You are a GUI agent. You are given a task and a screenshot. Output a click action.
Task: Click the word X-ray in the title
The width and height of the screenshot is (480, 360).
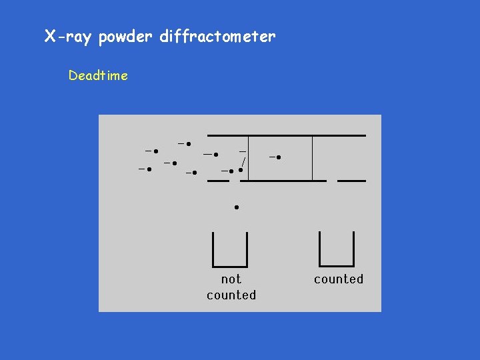(69, 37)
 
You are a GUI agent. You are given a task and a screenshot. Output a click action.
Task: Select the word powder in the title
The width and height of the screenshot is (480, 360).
(126, 37)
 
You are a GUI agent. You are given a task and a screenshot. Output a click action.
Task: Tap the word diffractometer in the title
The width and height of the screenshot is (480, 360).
(217, 37)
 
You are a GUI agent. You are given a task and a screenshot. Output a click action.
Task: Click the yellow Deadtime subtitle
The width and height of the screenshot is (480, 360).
(98, 75)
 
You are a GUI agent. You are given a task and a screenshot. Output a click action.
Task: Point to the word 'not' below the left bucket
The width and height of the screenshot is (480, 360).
(231, 279)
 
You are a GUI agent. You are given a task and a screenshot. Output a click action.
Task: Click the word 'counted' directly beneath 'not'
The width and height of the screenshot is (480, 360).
(231, 295)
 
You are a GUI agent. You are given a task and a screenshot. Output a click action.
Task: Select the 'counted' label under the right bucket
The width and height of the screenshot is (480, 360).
(338, 279)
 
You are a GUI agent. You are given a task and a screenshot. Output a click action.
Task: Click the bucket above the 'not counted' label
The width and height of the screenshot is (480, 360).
(229, 249)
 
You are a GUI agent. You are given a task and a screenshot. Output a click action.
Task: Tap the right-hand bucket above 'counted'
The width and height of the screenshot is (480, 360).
(337, 249)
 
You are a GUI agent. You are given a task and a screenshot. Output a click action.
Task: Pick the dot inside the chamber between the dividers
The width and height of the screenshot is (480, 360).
(279, 157)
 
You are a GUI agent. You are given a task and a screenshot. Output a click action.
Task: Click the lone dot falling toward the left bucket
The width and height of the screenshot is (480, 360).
(236, 207)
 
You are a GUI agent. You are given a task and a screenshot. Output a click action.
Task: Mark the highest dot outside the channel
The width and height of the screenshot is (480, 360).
(189, 143)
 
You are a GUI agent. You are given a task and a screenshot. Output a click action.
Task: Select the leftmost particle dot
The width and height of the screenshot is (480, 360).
(149, 169)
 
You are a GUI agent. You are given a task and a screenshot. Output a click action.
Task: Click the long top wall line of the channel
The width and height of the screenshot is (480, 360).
(287, 135)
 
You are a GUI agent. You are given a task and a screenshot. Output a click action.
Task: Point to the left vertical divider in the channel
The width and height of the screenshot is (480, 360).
(249, 158)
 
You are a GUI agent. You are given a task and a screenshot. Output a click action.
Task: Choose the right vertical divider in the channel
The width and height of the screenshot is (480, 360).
(313, 158)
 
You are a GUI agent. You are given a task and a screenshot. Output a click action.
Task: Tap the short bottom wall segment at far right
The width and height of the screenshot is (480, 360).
(352, 181)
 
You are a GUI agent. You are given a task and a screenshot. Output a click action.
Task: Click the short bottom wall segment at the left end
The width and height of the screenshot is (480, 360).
(217, 181)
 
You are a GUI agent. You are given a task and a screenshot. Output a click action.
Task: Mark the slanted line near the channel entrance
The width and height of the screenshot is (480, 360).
(244, 162)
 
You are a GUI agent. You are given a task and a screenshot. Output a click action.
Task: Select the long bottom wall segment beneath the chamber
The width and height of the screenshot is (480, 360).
(283, 181)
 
